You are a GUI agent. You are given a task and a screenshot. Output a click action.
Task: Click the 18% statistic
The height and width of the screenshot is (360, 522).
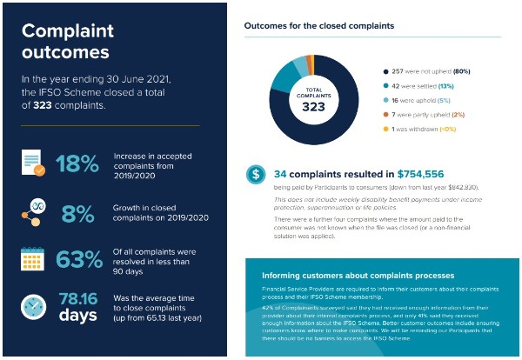pos(77,163)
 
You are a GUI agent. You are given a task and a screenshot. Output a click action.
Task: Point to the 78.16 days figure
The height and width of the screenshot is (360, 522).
pos(78,307)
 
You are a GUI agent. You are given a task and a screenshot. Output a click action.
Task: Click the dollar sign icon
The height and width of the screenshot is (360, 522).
pos(256,174)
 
